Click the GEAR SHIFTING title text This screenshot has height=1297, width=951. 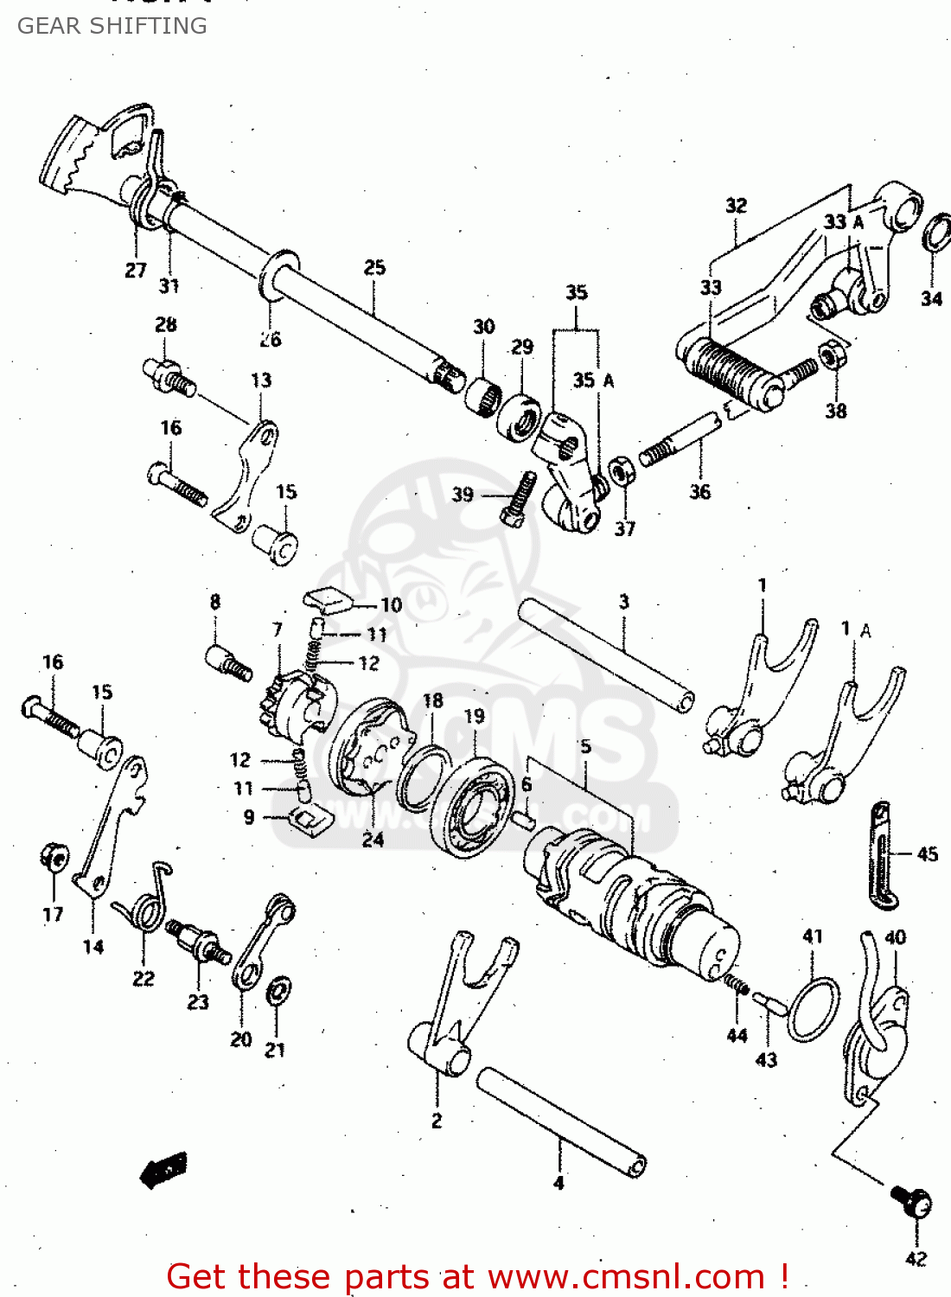click(x=112, y=26)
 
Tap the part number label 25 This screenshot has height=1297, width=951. click(x=374, y=268)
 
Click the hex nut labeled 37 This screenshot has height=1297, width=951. click(x=622, y=473)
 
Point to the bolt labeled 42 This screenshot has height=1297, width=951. click(x=912, y=1202)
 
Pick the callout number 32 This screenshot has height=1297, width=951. click(x=736, y=206)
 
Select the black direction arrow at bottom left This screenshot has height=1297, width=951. click(x=164, y=1172)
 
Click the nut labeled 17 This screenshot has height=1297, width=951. click(x=54, y=857)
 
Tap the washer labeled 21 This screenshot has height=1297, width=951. click(x=278, y=991)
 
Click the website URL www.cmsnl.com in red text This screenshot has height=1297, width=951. click(x=628, y=1276)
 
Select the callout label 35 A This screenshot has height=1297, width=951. click(x=593, y=380)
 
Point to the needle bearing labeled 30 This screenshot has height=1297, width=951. click(x=482, y=396)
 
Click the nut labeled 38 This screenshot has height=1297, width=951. click(x=832, y=355)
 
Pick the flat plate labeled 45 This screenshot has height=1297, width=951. click(x=881, y=856)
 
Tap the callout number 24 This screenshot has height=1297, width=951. click(x=373, y=840)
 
